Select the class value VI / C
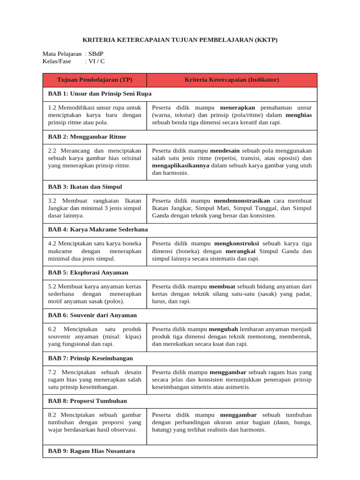tap(97, 61)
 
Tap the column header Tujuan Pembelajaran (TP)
tap(95, 80)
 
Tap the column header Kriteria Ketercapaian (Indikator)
tap(232, 80)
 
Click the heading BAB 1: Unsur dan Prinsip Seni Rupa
tap(100, 94)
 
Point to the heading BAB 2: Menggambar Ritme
tap(87, 136)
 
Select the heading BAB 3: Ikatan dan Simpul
tap(85, 187)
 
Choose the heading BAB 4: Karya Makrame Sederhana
tap(98, 229)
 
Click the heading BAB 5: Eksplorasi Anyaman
tap(88, 272)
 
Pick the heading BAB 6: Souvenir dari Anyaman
tap(92, 315)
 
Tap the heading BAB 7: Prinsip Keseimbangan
tap(90, 358)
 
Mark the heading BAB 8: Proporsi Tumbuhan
tap(88, 401)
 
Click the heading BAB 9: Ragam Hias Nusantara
tap(91, 451)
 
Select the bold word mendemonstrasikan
tap(242, 201)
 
